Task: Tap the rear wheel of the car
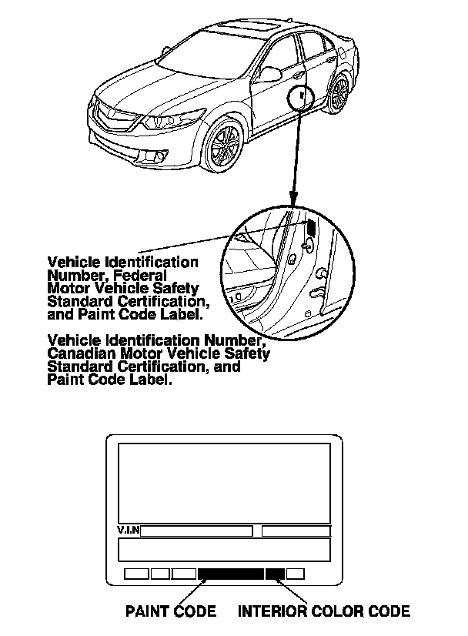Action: click(339, 92)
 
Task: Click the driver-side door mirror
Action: click(272, 74)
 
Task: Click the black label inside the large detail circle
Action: click(311, 227)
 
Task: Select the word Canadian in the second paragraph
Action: click(79, 353)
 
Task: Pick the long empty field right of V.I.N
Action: click(196, 531)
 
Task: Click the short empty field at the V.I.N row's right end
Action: click(296, 531)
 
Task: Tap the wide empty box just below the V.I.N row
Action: click(223, 550)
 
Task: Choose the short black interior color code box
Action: click(275, 574)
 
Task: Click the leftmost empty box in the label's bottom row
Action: click(135, 574)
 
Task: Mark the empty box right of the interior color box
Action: click(296, 574)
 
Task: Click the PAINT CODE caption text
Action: click(171, 612)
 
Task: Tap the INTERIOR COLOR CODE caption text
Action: click(323, 612)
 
